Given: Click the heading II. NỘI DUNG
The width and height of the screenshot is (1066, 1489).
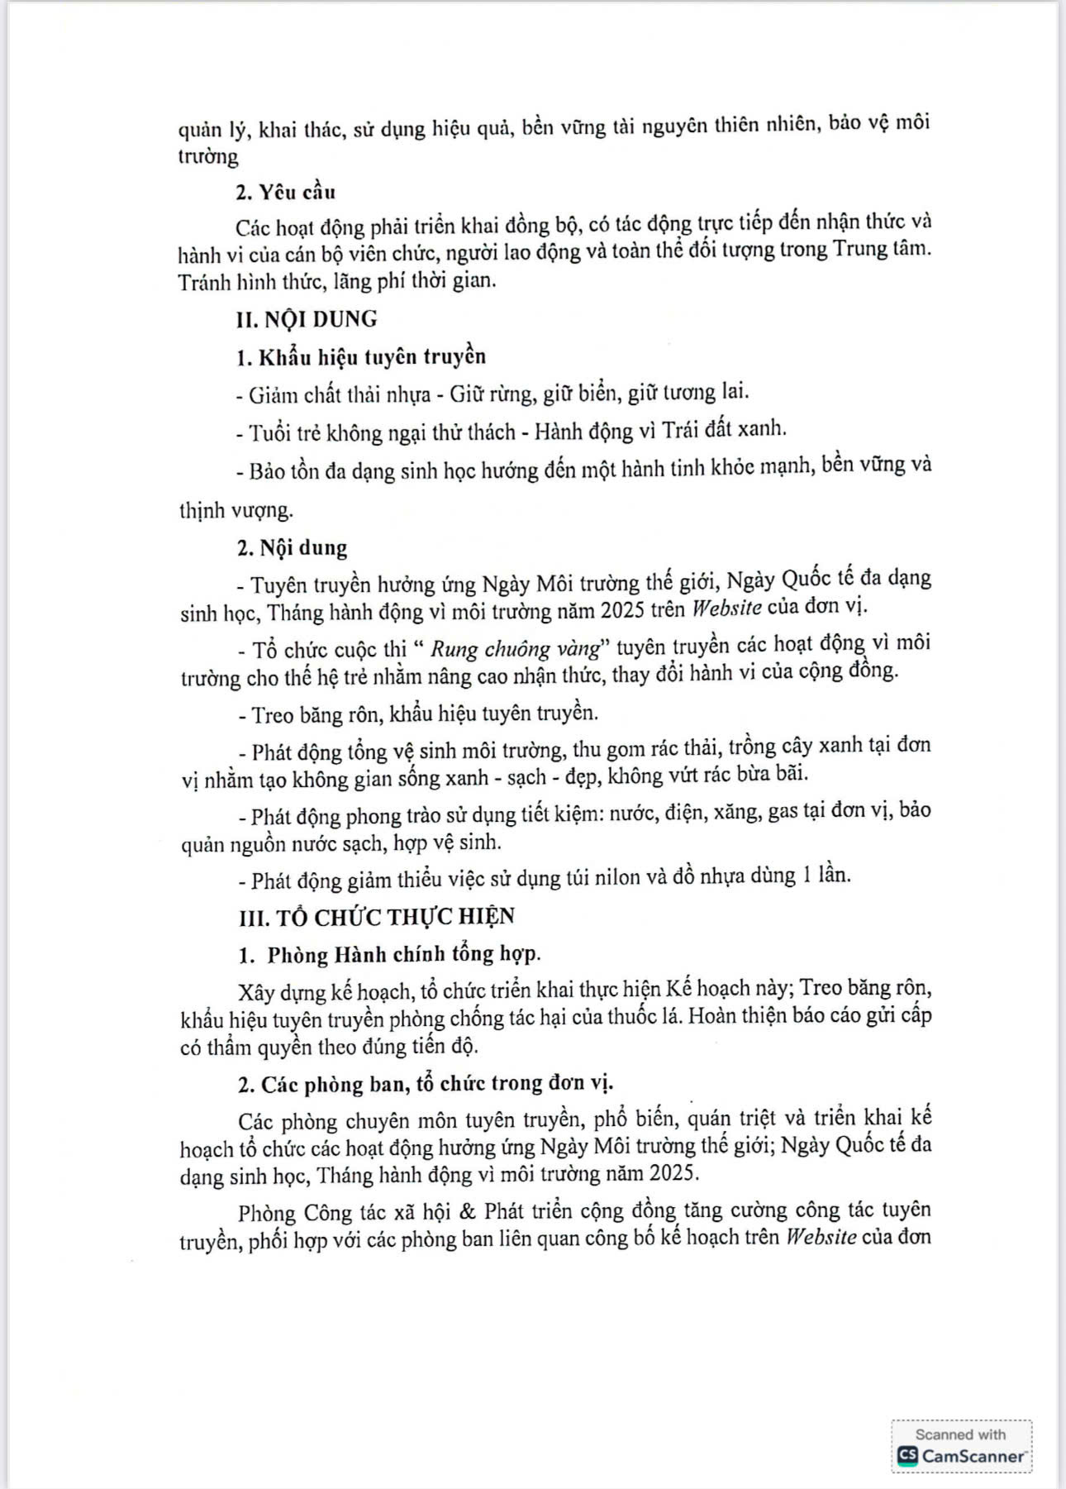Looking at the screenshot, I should click(307, 319).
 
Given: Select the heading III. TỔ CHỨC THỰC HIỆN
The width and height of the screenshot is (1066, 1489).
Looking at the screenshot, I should click(376, 916).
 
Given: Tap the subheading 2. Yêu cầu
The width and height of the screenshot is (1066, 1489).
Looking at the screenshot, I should click(286, 193).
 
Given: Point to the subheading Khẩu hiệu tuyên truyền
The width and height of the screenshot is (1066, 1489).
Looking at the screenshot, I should click(372, 357).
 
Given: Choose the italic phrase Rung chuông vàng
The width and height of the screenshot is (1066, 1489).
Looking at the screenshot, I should click(514, 648).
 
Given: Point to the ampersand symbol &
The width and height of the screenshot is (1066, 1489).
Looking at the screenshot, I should click(467, 1212).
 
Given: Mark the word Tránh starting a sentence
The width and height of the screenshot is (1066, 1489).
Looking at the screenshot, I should click(203, 281).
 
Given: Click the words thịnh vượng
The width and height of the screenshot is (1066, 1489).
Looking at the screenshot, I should click(236, 510).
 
